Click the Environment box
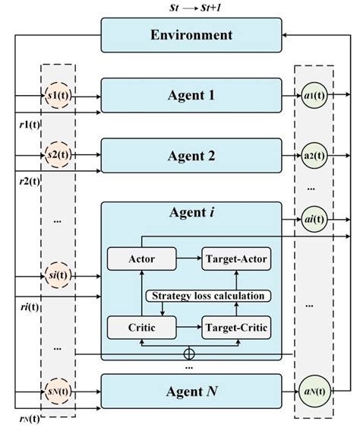click(x=191, y=36)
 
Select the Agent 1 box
click(x=191, y=97)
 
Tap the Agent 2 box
click(x=191, y=157)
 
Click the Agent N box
click(x=191, y=392)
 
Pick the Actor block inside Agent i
click(x=142, y=259)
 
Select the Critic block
click(x=142, y=328)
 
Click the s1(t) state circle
click(x=58, y=97)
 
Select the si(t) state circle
click(x=58, y=272)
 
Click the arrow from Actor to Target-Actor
click(x=188, y=259)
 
